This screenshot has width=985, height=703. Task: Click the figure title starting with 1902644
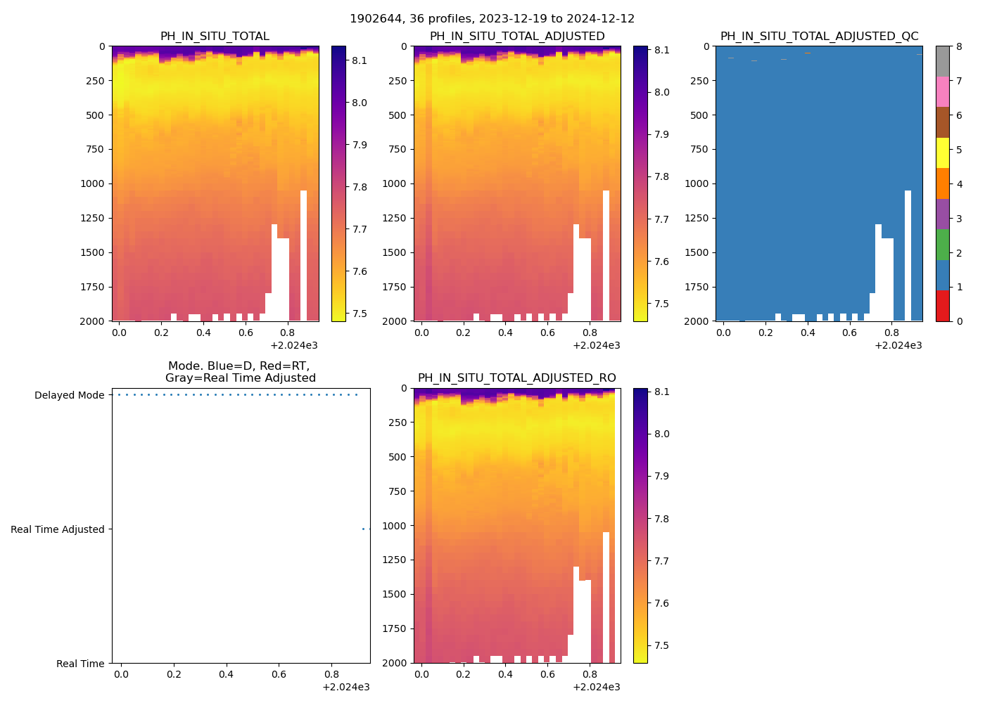coord(492,19)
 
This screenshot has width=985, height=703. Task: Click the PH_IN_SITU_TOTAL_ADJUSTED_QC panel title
coord(819,37)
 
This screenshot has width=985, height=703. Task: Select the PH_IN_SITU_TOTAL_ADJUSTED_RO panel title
coord(516,378)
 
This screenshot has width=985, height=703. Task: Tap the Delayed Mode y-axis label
coord(69,395)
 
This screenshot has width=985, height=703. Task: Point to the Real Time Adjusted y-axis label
coord(57,529)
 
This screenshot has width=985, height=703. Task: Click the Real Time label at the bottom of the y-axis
coord(80,664)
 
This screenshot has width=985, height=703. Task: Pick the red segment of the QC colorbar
coord(942,306)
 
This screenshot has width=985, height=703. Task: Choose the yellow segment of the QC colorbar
coord(942,153)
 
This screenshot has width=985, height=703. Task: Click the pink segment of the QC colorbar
coord(942,91)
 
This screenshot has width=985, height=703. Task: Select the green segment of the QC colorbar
coord(942,245)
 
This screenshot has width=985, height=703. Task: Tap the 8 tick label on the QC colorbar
coord(959,47)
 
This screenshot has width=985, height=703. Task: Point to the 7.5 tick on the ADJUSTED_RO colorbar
coord(661,645)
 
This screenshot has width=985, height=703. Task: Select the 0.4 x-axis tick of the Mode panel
coord(226,674)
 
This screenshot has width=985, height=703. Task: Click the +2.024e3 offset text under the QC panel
coord(898,345)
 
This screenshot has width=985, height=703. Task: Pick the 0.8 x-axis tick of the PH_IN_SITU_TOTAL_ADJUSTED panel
coord(590,333)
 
